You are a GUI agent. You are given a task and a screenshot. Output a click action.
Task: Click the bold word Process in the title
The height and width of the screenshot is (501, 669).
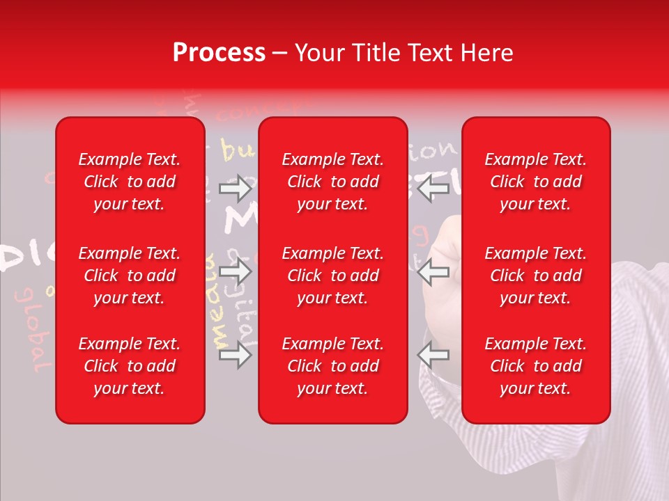(219, 53)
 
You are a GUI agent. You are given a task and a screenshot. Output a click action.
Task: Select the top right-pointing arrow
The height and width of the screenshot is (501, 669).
(235, 188)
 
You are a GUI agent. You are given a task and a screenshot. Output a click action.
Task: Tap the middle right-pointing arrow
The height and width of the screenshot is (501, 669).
(235, 271)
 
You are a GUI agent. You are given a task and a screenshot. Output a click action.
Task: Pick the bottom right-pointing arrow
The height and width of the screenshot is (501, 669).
(235, 355)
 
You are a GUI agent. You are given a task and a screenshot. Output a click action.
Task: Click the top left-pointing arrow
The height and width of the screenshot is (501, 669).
(433, 188)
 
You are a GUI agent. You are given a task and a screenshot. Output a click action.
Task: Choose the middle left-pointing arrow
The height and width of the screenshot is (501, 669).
(433, 271)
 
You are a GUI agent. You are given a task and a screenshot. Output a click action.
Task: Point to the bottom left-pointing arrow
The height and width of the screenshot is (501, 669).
(433, 355)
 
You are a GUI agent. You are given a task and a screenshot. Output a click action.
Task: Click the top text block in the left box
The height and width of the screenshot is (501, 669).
(130, 182)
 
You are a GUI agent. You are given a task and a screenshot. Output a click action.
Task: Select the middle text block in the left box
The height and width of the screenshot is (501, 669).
(130, 276)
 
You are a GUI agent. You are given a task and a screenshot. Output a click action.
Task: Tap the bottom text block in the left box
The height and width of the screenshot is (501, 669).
(130, 366)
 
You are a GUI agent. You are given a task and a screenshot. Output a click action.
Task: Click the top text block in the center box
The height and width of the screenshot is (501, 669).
(332, 182)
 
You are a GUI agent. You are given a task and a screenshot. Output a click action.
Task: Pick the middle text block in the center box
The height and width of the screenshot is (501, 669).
(332, 276)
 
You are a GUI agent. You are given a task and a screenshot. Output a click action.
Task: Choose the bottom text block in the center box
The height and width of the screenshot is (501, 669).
(332, 366)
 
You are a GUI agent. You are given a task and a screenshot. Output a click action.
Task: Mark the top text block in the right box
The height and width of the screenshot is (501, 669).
(535, 182)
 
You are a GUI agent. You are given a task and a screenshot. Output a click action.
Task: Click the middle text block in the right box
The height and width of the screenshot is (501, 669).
(535, 276)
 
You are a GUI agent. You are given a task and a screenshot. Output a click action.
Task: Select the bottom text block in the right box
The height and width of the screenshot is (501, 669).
(535, 366)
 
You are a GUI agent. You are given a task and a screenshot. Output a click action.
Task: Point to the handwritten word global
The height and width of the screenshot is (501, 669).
(33, 327)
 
